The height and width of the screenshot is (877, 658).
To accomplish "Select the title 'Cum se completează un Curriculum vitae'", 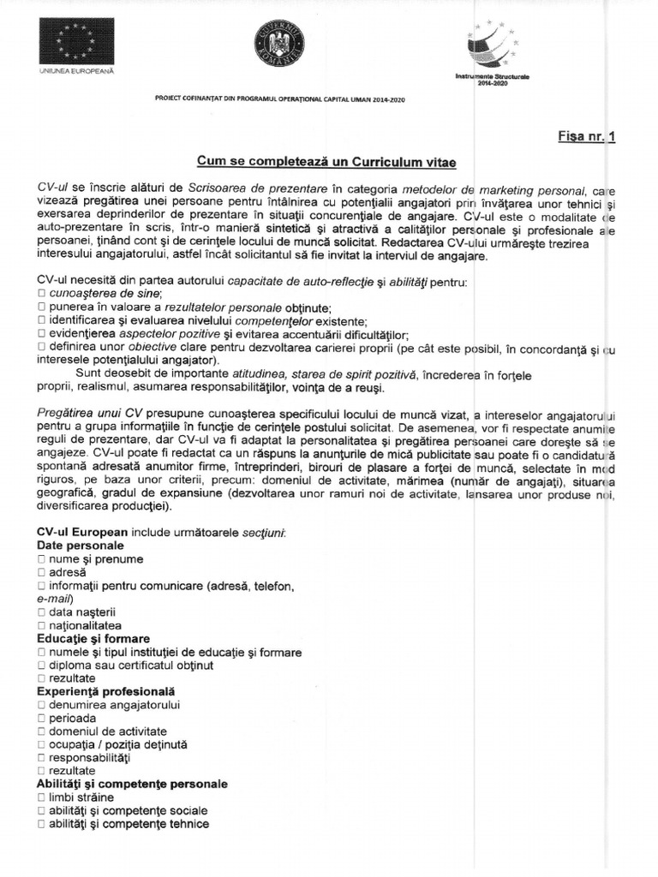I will tap(314, 163).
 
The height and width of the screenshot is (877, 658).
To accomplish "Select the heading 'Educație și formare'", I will tap(93, 639).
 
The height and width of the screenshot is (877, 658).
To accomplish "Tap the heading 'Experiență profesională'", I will tap(105, 691).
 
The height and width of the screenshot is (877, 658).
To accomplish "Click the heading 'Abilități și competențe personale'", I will tap(132, 784).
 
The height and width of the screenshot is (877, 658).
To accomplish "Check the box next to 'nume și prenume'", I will tap(42, 560).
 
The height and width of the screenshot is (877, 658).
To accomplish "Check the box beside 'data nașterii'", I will tap(42, 612).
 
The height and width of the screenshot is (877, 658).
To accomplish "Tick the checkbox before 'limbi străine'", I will tap(42, 797).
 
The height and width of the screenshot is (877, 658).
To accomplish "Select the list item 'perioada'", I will tap(73, 718).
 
